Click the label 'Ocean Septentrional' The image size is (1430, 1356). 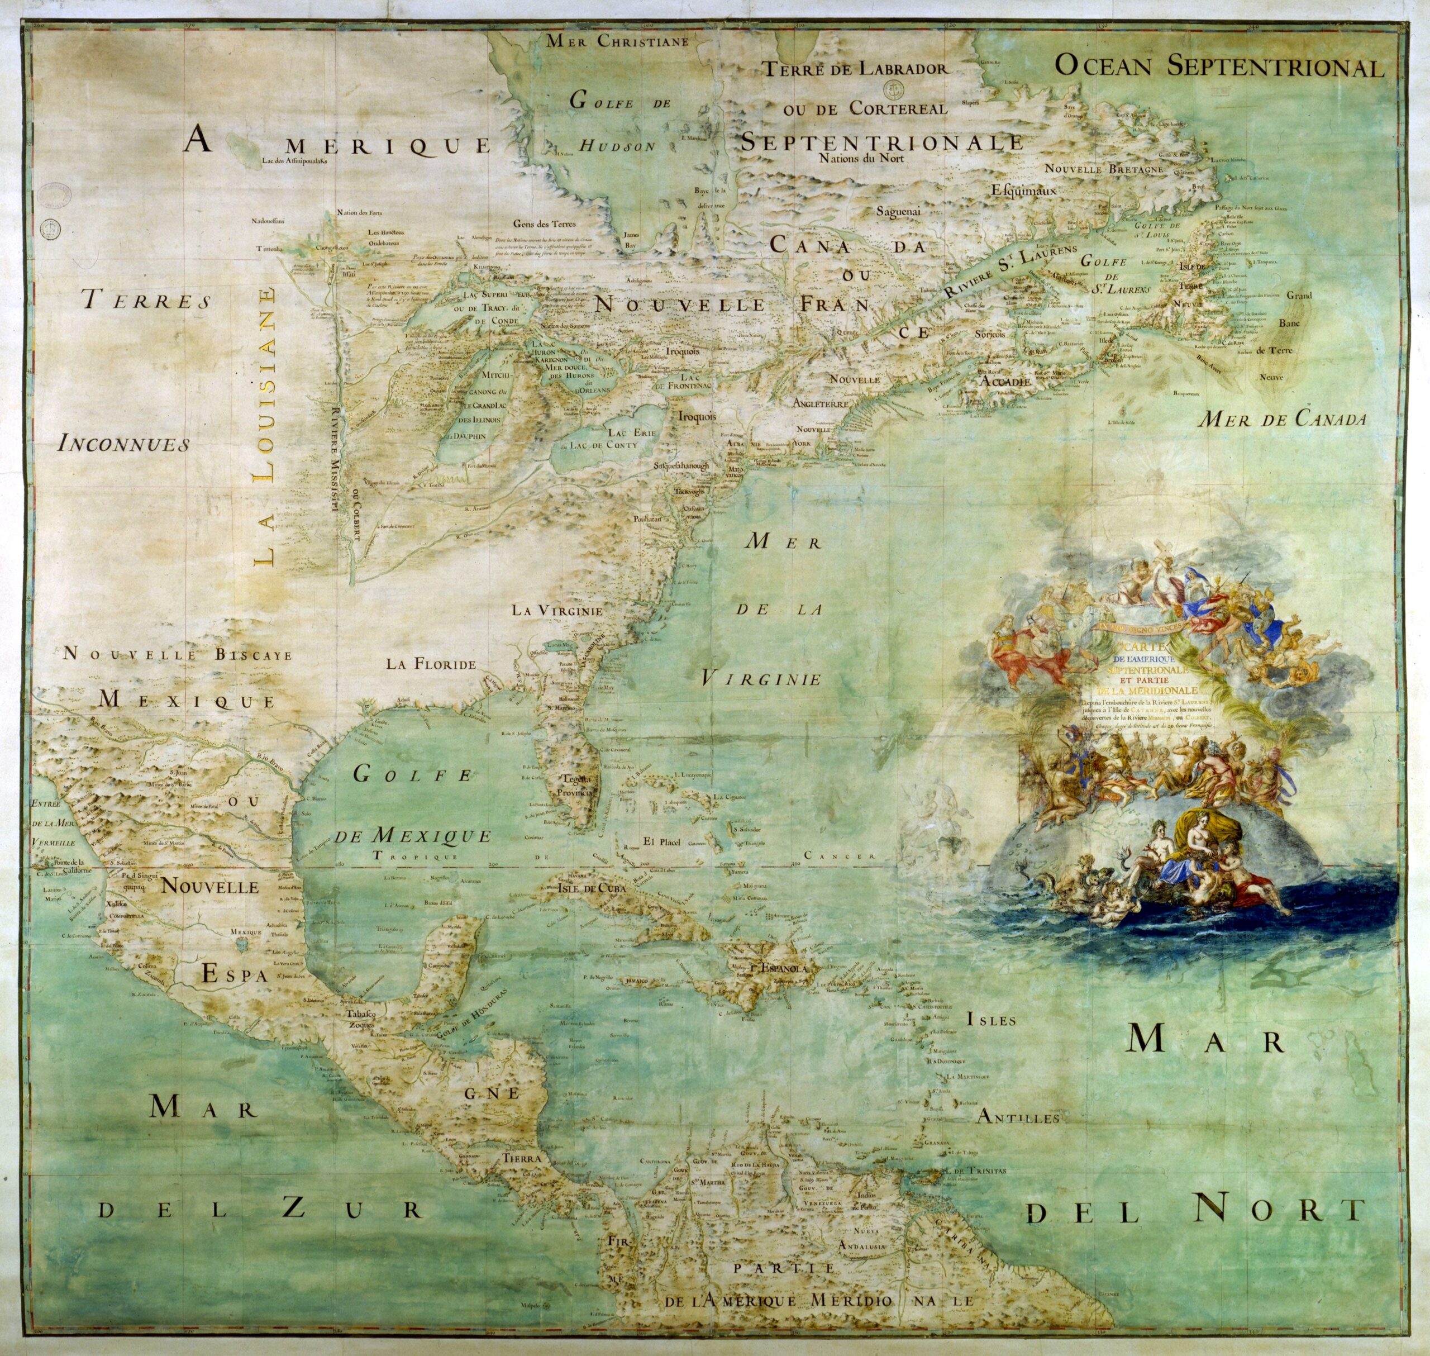(x=1218, y=66)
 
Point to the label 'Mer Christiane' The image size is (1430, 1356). (x=616, y=41)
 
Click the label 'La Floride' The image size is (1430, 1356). (x=431, y=664)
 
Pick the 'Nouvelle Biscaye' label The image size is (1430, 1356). (x=178, y=655)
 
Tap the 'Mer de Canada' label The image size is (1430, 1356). (x=1281, y=419)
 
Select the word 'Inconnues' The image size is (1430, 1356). (x=123, y=443)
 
